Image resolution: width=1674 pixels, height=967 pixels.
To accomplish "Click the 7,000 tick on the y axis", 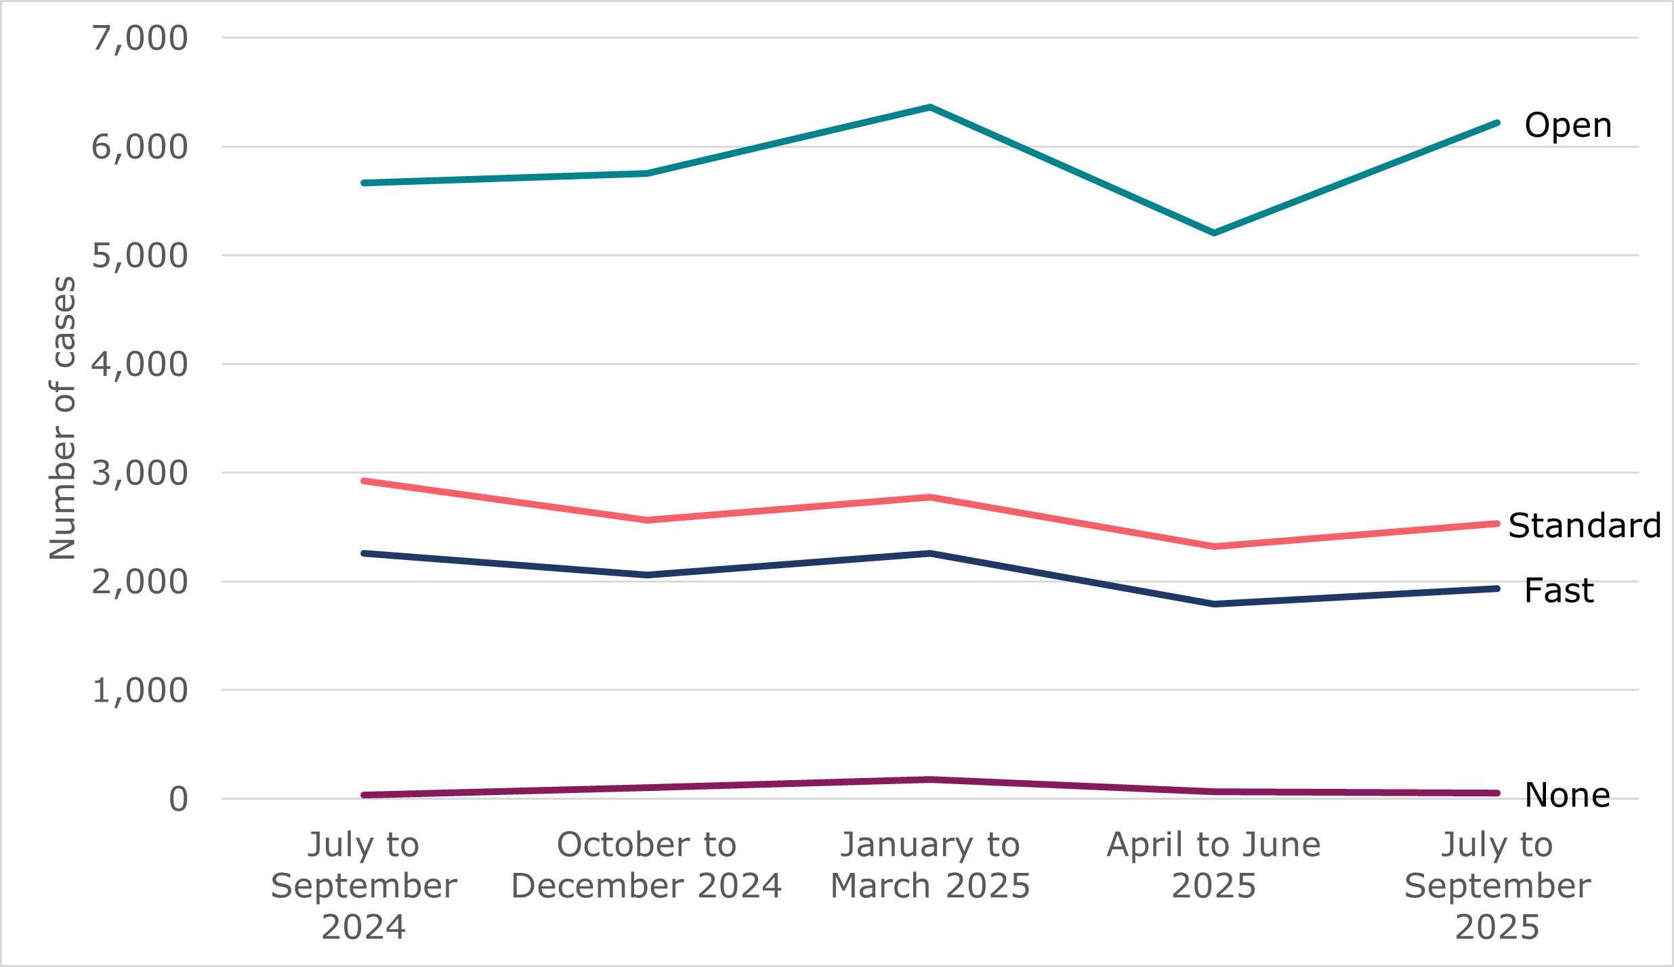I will (140, 39).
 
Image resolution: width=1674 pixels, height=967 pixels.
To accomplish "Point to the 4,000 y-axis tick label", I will (140, 365).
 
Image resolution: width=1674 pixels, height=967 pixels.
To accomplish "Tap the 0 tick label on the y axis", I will (178, 800).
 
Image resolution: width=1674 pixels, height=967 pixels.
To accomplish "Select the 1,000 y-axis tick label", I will (140, 691).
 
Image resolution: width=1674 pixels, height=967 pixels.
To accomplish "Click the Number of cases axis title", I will (62, 418).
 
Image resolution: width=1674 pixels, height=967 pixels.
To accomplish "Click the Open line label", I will (1568, 125).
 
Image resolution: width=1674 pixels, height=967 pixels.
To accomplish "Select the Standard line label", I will (1585, 525).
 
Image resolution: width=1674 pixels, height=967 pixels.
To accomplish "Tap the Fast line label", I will (1559, 590).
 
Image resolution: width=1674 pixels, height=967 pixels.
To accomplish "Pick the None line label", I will (1567, 795).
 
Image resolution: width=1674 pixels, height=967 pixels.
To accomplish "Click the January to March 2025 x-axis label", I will (930, 865).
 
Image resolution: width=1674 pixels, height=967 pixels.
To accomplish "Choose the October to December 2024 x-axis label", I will (646, 865).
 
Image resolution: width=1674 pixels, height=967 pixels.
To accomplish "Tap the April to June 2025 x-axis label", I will (1213, 865).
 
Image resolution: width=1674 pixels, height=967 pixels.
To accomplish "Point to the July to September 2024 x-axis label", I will (364, 886).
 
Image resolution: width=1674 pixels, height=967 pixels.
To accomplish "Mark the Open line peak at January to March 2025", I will (931, 107).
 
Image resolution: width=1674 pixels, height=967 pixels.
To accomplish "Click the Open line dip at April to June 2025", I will (1213, 233).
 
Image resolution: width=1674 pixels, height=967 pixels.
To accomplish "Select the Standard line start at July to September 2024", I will (364, 481).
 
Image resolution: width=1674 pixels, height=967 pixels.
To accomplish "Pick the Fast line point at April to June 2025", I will (1213, 603).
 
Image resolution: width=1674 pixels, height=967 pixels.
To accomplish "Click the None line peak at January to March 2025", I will (931, 779).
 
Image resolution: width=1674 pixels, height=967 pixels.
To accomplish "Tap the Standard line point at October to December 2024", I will (648, 520).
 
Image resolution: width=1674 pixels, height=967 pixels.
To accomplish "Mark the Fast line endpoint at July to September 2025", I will (1497, 588).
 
